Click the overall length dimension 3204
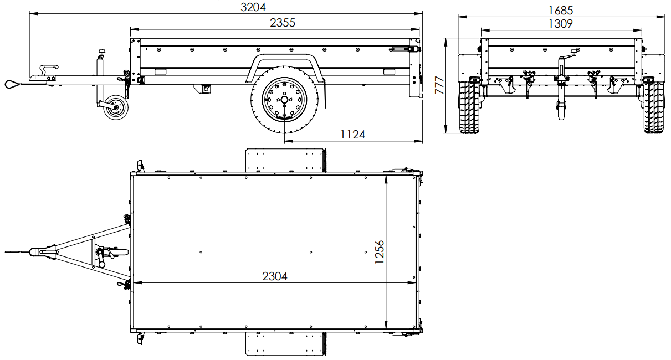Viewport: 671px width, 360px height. click(x=253, y=7)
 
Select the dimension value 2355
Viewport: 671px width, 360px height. click(x=282, y=23)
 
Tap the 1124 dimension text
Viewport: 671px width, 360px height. click(x=352, y=134)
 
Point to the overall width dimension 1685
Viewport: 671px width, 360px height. click(x=560, y=10)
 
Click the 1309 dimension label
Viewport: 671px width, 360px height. click(x=560, y=23)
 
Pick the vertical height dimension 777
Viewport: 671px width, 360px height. click(x=439, y=85)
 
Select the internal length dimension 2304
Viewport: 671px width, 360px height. click(x=274, y=276)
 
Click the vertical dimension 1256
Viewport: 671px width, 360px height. click(x=380, y=253)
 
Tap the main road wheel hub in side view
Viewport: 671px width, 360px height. click(x=284, y=100)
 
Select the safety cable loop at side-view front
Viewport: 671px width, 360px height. click(x=11, y=84)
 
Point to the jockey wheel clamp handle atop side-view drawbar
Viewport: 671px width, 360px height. click(x=101, y=53)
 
